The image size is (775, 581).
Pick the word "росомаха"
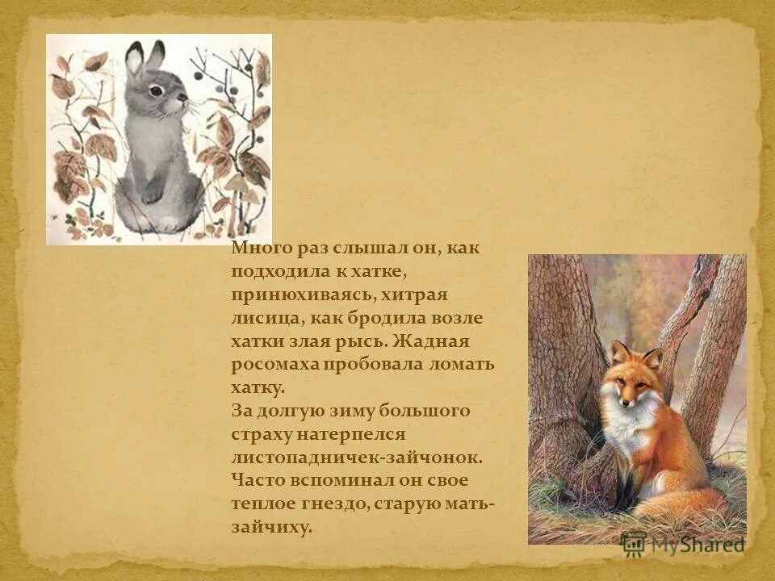click(x=274, y=365)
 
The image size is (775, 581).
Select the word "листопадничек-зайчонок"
click(x=357, y=458)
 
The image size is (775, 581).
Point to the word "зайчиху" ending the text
click(x=270, y=528)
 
